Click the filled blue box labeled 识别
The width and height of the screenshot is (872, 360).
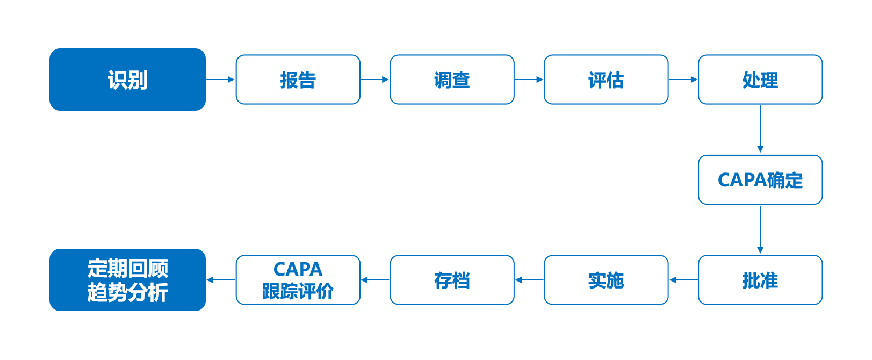point(128,80)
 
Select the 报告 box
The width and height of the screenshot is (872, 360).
point(298,80)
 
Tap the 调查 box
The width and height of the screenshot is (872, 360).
point(452,80)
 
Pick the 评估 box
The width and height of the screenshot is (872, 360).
point(606,80)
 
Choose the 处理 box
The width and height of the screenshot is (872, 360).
point(760,80)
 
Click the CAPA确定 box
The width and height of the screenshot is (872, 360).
point(760,180)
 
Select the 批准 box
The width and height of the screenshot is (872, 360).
point(760,280)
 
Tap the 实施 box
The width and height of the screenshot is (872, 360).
point(606,280)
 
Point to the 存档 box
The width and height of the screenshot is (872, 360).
point(452,280)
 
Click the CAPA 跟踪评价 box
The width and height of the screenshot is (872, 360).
point(298,280)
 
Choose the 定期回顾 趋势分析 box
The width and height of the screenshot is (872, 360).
point(128,280)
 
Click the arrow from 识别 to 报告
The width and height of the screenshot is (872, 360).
point(220,80)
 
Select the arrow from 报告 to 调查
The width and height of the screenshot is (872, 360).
point(375,80)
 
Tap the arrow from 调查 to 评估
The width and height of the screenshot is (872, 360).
point(529,80)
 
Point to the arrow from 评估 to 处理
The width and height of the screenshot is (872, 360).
point(683,80)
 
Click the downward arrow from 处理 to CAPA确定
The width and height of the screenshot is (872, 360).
point(760,129)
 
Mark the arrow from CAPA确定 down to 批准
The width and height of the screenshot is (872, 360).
point(760,229)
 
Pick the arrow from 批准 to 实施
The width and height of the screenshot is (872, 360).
point(684,280)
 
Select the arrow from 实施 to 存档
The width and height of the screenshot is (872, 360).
point(530,280)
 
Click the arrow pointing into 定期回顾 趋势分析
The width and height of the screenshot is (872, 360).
point(221,280)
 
